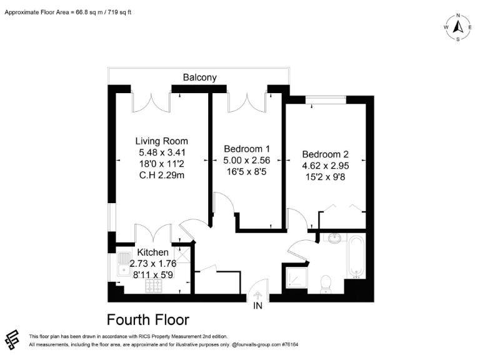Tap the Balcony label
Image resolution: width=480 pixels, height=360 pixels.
(200, 77)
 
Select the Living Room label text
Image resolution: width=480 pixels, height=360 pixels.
(162, 141)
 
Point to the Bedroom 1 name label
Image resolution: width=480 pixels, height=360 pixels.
(247, 149)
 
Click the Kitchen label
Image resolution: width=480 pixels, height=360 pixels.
(153, 252)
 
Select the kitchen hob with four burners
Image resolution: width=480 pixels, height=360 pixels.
(154, 286)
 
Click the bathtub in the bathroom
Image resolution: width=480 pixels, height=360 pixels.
(356, 256)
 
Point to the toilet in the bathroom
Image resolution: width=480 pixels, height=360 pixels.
(325, 284)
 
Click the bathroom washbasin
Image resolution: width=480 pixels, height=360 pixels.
(332, 238)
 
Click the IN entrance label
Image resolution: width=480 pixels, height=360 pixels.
(257, 306)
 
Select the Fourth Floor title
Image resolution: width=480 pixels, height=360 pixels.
(148, 320)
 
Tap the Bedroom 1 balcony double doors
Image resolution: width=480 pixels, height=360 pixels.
(247, 101)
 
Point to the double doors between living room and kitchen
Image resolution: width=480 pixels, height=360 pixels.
(153, 233)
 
